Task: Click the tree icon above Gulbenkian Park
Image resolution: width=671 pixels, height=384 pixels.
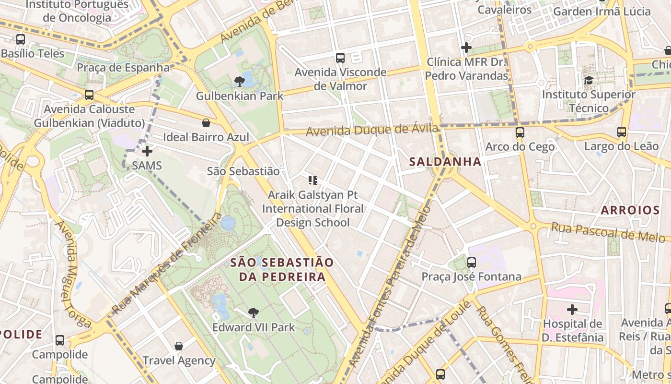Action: tap(240, 82)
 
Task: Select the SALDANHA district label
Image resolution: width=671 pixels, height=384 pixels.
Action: tap(445, 162)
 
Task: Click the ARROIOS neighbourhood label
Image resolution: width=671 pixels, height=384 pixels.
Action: tap(630, 210)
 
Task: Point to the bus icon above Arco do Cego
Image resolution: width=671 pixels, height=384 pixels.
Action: tap(520, 132)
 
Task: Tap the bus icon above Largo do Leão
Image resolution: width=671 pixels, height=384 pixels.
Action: tap(622, 132)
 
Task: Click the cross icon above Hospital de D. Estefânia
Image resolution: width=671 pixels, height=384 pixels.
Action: tap(572, 309)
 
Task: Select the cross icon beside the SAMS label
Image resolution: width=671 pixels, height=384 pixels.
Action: tap(147, 151)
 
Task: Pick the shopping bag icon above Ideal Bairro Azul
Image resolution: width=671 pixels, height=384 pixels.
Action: tap(206, 123)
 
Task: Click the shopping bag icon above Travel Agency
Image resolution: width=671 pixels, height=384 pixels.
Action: tap(179, 346)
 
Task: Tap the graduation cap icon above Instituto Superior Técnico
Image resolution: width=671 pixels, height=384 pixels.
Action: tap(589, 80)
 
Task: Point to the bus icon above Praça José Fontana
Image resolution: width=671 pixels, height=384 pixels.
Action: tap(472, 262)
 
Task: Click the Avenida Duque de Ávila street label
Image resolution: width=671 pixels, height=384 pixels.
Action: tap(372, 130)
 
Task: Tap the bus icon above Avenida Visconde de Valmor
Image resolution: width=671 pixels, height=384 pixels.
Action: tap(340, 58)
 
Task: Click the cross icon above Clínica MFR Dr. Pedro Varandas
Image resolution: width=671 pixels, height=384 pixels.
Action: tap(466, 48)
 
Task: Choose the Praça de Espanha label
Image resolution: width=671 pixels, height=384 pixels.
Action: tap(123, 67)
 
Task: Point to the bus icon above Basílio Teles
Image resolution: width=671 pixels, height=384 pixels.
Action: tap(20, 39)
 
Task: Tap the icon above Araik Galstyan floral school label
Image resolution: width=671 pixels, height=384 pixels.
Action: tap(312, 180)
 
